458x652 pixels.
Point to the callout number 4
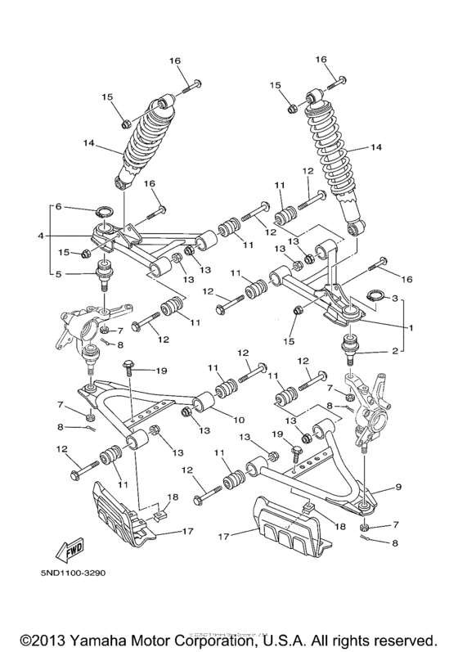(x=40, y=237)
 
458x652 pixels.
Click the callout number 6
(x=58, y=208)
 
